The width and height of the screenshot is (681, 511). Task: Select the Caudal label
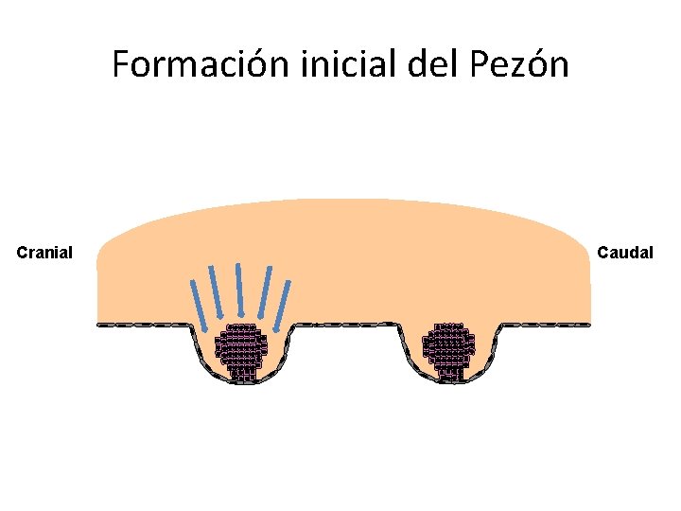(625, 253)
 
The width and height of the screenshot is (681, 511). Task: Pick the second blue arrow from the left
(218, 291)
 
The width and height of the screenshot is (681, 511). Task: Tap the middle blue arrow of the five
(240, 289)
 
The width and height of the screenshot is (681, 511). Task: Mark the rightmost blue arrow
(282, 306)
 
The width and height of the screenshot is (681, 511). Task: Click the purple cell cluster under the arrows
(241, 350)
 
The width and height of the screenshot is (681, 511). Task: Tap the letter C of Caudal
(602, 253)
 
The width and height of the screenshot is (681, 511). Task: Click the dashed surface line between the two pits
(345, 324)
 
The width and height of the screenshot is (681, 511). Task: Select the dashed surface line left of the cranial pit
(142, 325)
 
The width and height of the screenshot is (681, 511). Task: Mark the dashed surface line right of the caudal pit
(549, 325)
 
